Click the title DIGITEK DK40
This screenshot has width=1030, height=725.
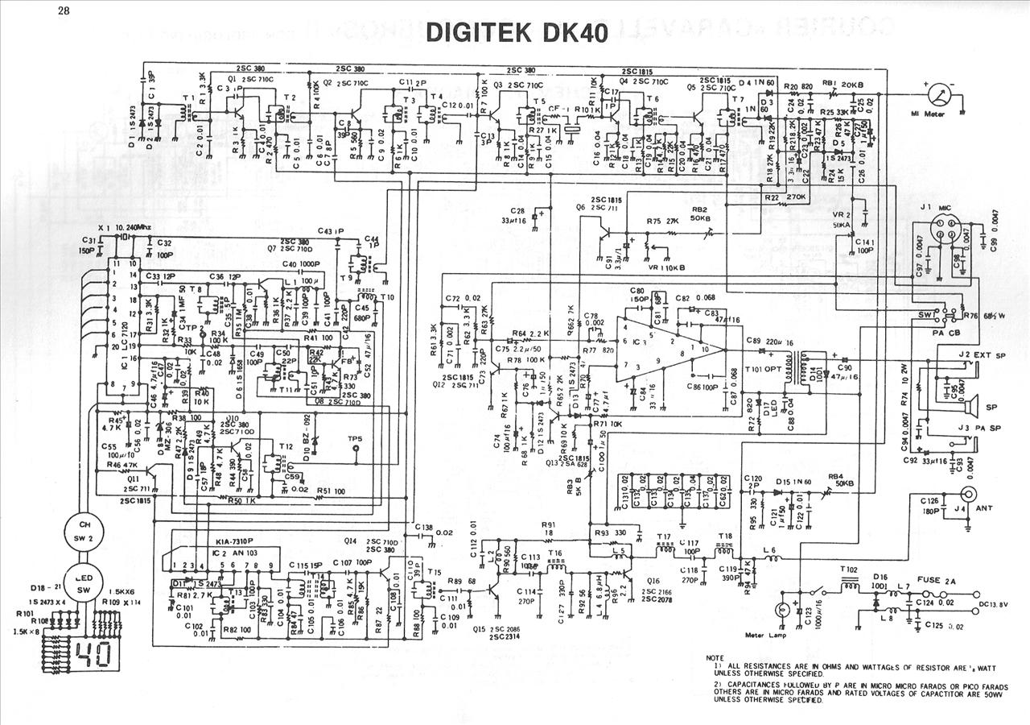tap(516, 31)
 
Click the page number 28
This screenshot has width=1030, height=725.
tap(64, 10)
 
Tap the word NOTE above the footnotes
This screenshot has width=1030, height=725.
tap(714, 657)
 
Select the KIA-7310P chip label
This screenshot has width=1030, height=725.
tap(235, 541)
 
